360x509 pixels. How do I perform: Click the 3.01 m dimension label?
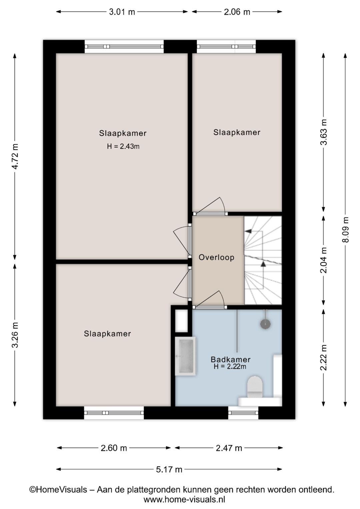click(x=122, y=12)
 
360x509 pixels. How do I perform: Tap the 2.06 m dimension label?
click(x=237, y=12)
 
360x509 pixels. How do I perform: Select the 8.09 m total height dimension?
click(x=345, y=230)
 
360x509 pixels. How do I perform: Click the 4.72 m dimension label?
click(x=15, y=156)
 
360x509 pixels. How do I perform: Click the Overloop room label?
click(x=216, y=258)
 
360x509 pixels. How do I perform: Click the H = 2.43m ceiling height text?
click(x=123, y=146)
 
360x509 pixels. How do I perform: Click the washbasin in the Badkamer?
click(x=185, y=356)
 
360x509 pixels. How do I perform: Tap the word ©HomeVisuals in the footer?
click(x=58, y=489)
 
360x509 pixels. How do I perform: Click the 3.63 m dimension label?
click(x=324, y=132)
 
